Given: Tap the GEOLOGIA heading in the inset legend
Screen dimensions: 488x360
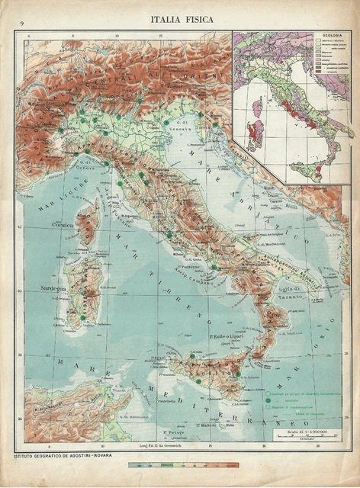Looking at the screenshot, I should pos(331,36).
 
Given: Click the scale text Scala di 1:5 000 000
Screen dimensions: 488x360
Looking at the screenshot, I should pos(304,434).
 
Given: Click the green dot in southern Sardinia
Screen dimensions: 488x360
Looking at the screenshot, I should pos(82,316).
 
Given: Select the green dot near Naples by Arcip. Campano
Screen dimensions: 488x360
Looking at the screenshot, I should pos(215,267).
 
